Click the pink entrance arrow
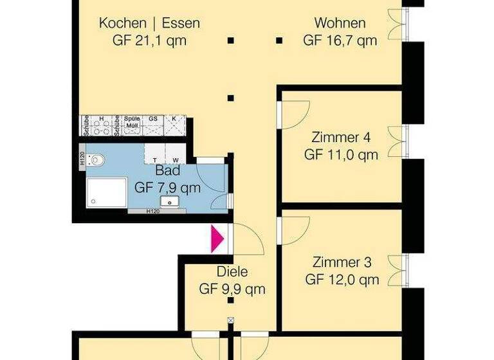(217, 239)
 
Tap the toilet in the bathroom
(96, 159)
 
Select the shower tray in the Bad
(106, 192)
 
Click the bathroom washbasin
(169, 203)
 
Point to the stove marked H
(101, 125)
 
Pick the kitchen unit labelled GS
(153, 125)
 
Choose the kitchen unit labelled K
(175, 125)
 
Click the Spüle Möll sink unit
(132, 125)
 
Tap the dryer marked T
(155, 154)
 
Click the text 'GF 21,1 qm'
(149, 40)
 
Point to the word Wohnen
(340, 24)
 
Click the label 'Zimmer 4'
(341, 138)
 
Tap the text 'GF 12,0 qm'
(342, 280)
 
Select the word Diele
(232, 272)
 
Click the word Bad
(168, 171)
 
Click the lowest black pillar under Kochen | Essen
(230, 98)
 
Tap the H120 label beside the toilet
(82, 159)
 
